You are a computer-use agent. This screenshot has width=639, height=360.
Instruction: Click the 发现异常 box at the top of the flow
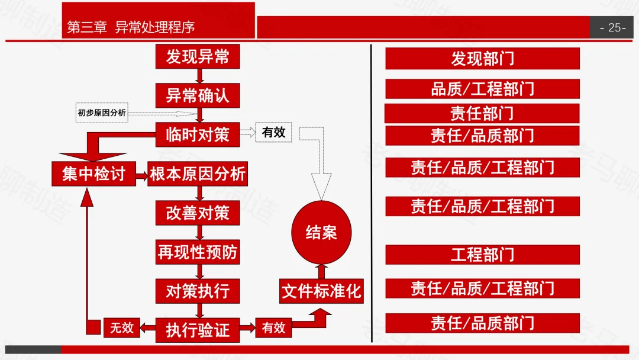coord(198,57)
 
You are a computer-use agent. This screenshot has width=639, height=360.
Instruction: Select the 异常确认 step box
coord(198,95)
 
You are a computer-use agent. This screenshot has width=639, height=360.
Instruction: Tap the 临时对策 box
coord(198,134)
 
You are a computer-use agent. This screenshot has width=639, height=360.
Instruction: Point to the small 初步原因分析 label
coord(102,112)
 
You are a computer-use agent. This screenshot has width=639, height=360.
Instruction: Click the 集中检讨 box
coord(93,174)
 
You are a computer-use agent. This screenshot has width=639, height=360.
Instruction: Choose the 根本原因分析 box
coord(198,174)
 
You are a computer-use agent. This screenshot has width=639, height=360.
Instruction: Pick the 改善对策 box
coord(198,213)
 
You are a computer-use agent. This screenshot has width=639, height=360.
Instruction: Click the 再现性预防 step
coord(198,253)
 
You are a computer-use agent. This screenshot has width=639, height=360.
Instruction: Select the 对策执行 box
coord(198,291)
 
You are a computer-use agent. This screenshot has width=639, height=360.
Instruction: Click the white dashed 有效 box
coord(273,133)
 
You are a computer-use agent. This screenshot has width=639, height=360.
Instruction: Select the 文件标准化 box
coord(321,291)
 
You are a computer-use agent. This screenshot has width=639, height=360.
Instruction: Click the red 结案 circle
coord(321,232)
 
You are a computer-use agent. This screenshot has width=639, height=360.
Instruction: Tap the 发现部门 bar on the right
coord(482,59)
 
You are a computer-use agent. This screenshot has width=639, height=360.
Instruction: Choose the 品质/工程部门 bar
coord(482,89)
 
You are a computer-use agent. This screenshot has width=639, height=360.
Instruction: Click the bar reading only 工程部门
coord(482,255)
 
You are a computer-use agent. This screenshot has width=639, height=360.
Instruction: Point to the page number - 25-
coord(613,27)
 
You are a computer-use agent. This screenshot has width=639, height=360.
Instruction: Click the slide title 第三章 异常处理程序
coord(131,27)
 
